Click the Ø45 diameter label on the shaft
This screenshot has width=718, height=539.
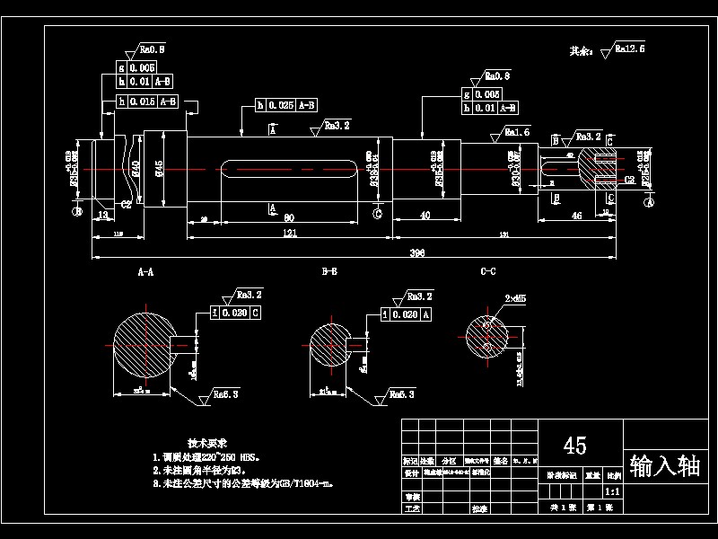pyautogui.click(x=159, y=168)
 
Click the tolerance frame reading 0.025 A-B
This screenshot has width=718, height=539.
pyautogui.click(x=286, y=105)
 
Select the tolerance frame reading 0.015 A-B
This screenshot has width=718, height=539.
pyautogui.click(x=148, y=102)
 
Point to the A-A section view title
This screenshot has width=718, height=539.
pyautogui.click(x=144, y=270)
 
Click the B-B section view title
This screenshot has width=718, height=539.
pyautogui.click(x=329, y=270)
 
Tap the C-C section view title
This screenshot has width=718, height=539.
pyautogui.click(x=488, y=270)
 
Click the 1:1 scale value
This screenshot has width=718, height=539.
pyautogui.click(x=612, y=492)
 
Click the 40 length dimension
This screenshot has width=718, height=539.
pyautogui.click(x=424, y=215)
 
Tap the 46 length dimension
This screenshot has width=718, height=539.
pyautogui.click(x=576, y=216)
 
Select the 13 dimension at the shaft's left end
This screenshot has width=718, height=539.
pyautogui.click(x=102, y=216)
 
